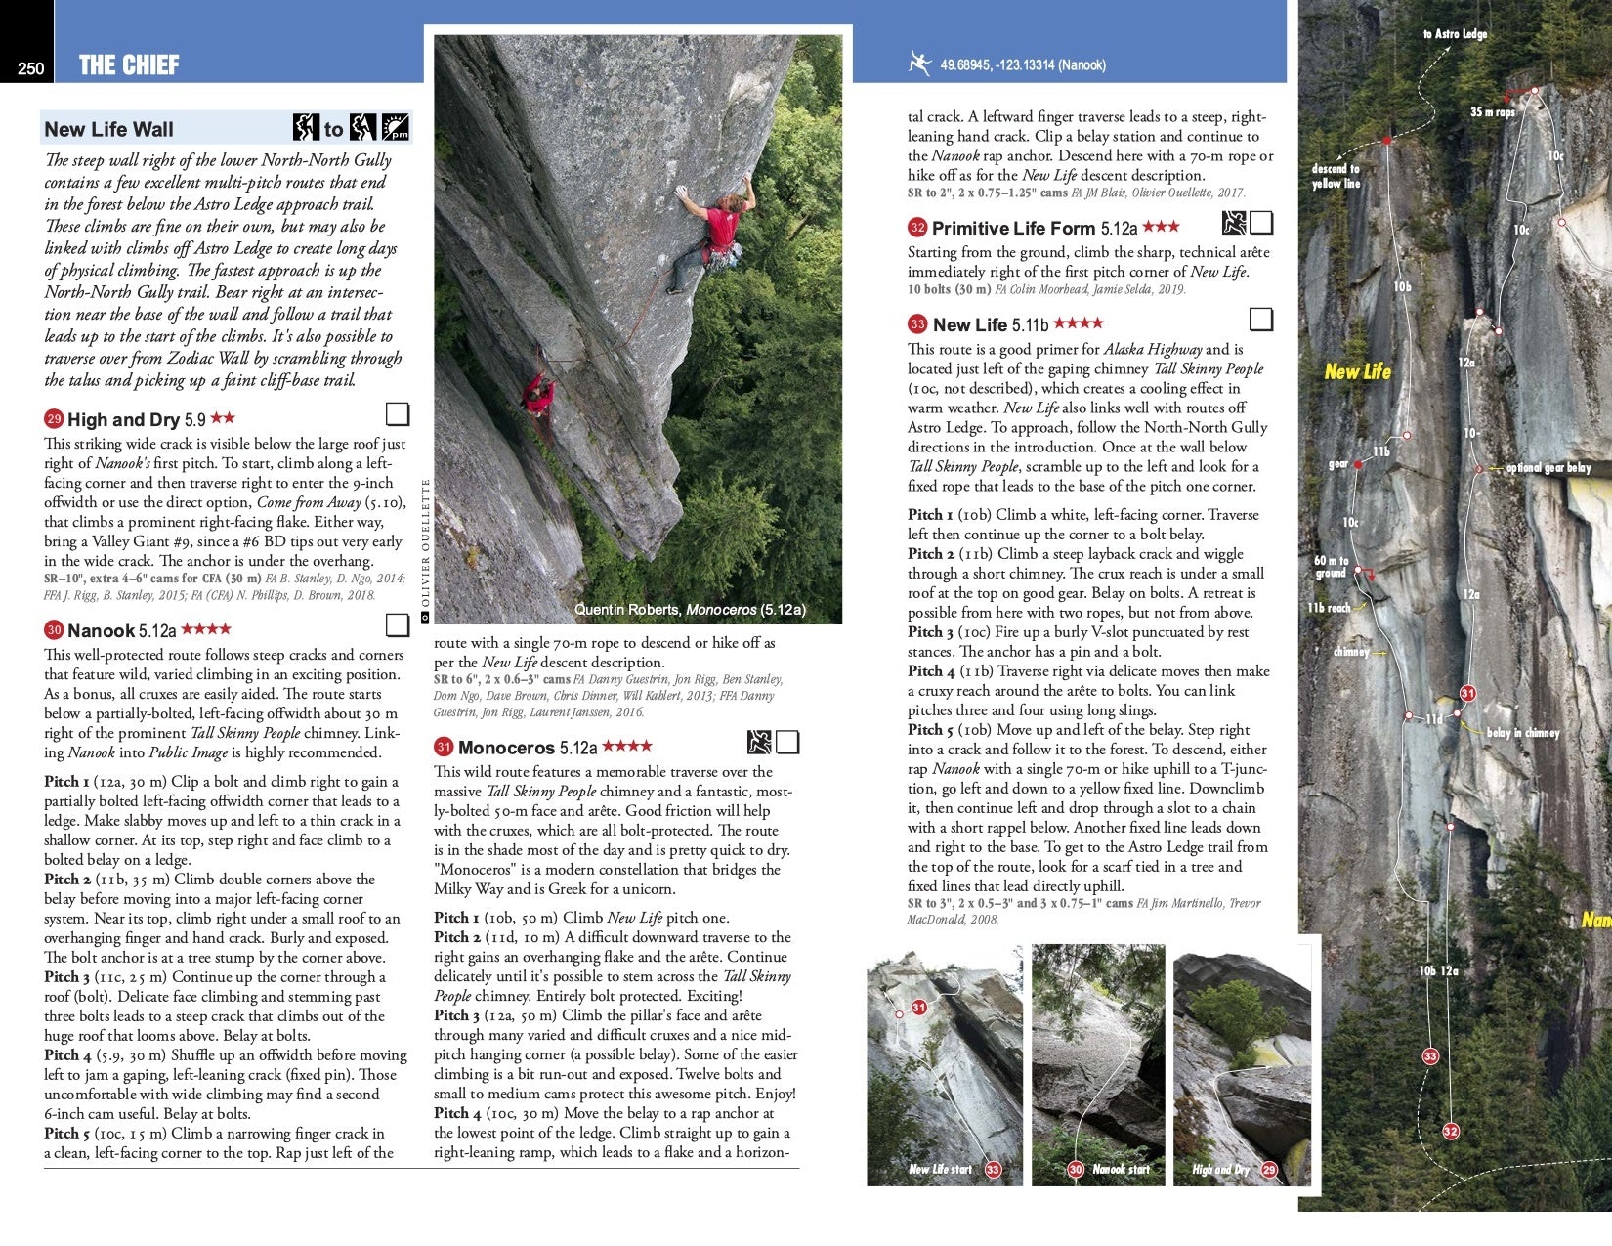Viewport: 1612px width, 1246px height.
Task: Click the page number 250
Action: click(x=30, y=67)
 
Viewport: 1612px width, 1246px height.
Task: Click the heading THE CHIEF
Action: click(x=129, y=65)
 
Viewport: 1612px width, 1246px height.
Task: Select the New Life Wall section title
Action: click(x=108, y=129)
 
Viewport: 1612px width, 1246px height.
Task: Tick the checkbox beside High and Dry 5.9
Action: click(x=397, y=414)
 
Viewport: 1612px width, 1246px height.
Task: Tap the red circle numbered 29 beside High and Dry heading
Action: click(x=54, y=419)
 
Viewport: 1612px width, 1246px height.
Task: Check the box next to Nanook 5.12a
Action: click(x=397, y=624)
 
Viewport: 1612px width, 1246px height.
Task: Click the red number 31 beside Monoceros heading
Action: click(x=444, y=747)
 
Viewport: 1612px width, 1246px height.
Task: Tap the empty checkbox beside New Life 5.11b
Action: click(x=1261, y=320)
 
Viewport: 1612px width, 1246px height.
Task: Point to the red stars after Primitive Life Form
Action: click(x=1161, y=227)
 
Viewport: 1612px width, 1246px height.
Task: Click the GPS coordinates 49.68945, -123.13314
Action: click(x=1022, y=65)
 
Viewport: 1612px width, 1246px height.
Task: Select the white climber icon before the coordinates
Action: click(x=918, y=64)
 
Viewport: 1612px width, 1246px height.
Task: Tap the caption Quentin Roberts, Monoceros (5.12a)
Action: click(x=690, y=610)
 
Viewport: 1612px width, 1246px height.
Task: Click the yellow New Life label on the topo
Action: click(x=1357, y=371)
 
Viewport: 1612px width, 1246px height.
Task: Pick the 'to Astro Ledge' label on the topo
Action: click(x=1455, y=34)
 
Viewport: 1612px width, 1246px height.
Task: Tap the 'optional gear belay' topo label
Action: click(x=1548, y=468)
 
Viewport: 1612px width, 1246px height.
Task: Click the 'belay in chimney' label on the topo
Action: click(x=1522, y=732)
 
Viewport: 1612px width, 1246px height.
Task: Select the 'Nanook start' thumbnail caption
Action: click(x=1120, y=1169)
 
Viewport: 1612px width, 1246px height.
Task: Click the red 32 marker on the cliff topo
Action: click(x=1451, y=1131)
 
